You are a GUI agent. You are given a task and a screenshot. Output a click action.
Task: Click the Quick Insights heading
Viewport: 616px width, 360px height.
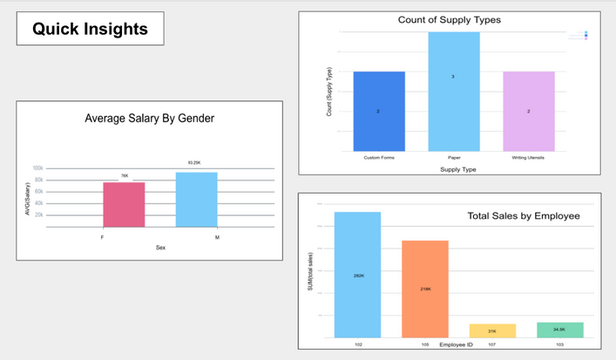click(x=90, y=29)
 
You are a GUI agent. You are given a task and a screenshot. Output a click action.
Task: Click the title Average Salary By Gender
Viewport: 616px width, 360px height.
click(x=149, y=119)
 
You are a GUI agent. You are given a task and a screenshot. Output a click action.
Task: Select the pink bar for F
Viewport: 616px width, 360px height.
click(x=124, y=204)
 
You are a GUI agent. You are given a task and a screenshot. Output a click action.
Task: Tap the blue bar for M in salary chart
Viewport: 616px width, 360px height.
click(x=196, y=199)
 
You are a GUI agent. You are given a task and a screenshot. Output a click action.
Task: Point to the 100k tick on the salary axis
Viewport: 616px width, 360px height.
click(x=38, y=168)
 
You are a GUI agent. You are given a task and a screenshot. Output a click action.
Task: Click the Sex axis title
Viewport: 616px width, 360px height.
click(x=160, y=248)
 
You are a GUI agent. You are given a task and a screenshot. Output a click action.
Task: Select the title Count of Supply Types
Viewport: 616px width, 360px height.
click(x=450, y=20)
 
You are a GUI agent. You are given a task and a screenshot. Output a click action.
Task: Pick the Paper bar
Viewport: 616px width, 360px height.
click(x=453, y=91)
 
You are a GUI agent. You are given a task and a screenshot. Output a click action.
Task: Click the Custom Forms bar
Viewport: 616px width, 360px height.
click(x=378, y=111)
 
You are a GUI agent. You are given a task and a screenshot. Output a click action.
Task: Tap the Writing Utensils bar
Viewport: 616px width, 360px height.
click(x=528, y=111)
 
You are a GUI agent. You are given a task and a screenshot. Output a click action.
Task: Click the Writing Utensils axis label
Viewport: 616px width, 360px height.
click(x=528, y=158)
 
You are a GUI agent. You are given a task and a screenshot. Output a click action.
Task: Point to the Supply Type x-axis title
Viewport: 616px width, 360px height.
click(x=453, y=168)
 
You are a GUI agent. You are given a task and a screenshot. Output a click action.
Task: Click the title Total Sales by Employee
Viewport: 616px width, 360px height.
click(x=523, y=215)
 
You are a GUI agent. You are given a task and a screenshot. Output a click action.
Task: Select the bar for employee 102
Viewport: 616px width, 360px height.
click(x=357, y=275)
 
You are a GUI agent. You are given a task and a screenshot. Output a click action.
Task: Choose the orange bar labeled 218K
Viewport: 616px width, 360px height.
click(x=425, y=289)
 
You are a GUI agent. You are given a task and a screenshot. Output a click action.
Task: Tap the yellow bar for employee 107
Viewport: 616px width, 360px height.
click(x=492, y=330)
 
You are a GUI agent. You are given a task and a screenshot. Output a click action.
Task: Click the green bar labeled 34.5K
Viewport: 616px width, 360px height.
click(x=559, y=329)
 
